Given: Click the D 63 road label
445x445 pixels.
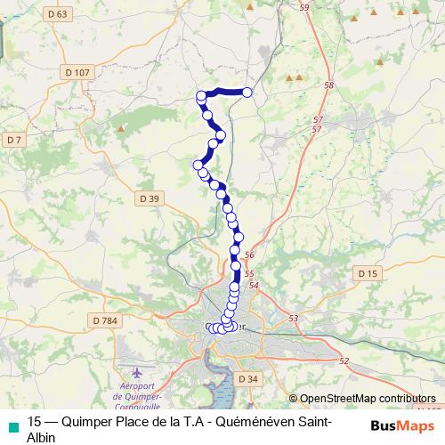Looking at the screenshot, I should [60, 14].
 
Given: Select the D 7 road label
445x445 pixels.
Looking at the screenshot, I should [12, 140].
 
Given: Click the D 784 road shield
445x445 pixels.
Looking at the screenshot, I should [105, 320].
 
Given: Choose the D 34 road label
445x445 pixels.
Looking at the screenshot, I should [249, 379].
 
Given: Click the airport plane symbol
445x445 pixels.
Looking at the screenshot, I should [134, 370].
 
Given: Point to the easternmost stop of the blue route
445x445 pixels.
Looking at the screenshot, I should [247, 93].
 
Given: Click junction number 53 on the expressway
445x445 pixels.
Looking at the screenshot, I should [295, 317].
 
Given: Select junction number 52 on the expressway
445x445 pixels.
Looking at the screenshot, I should [344, 360].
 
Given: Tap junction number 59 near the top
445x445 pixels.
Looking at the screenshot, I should [305, 7].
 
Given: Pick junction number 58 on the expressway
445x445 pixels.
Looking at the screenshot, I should [328, 85].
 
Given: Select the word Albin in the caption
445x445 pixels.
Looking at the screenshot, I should [42, 437].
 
